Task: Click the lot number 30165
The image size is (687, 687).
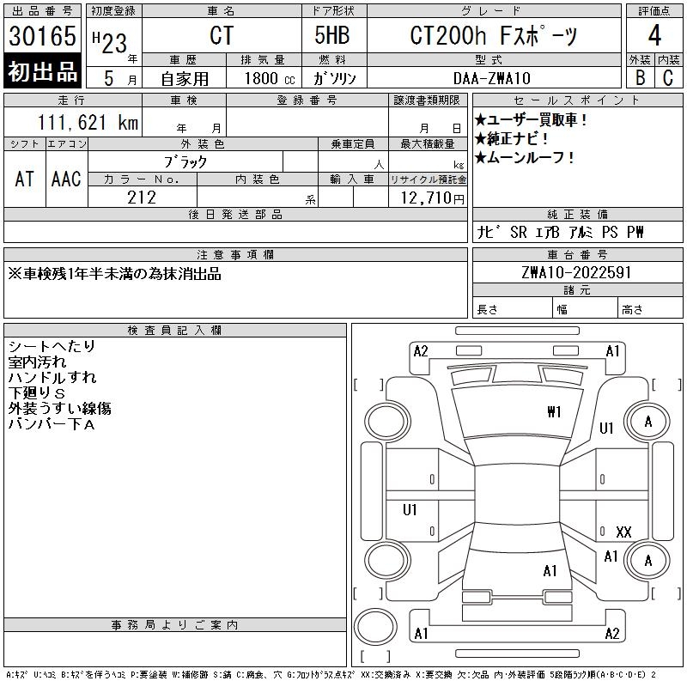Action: [x=42, y=37]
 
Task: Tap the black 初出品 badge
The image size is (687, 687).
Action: [x=42, y=71]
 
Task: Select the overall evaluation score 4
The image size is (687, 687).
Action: [x=655, y=37]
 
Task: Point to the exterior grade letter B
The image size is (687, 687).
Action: [x=640, y=77]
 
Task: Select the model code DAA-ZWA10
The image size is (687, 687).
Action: [x=492, y=77]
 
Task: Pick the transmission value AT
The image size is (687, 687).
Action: [x=25, y=179]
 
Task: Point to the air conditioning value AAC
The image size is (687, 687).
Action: [x=66, y=179]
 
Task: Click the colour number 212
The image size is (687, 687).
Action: [x=142, y=198]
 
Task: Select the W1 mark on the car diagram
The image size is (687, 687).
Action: [x=554, y=412]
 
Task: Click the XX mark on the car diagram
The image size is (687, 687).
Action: [x=623, y=532]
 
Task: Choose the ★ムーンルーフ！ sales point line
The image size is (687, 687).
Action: [x=525, y=158]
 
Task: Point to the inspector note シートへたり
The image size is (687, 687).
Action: [x=52, y=346]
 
